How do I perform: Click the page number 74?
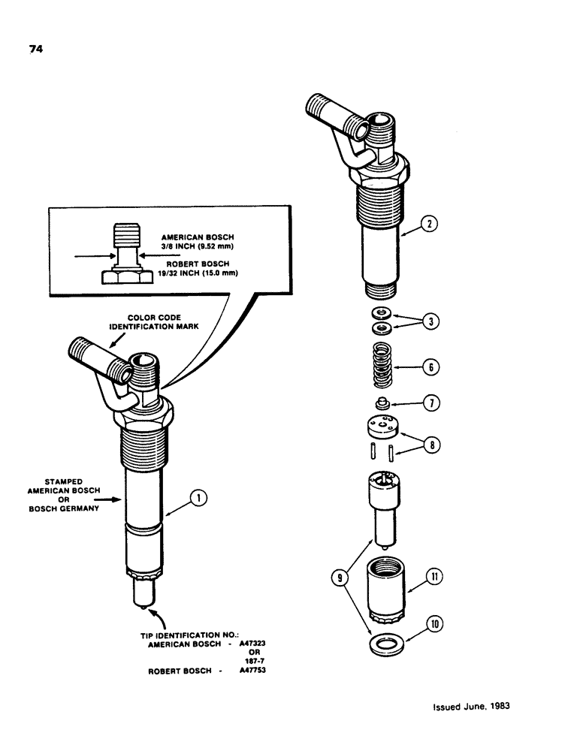36,50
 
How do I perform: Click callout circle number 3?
429,321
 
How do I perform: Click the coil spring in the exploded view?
382,363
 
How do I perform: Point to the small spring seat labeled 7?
382,402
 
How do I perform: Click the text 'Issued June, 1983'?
475,707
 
